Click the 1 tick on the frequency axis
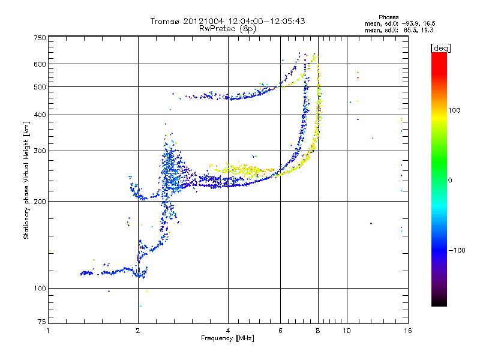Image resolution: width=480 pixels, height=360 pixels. tap(48, 330)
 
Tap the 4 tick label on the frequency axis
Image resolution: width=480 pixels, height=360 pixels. tap(228, 330)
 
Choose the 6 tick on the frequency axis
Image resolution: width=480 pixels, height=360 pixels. tap(281, 330)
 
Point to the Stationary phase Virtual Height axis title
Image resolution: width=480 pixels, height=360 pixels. tap(26, 180)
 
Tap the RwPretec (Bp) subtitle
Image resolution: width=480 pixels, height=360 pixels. tap(228, 28)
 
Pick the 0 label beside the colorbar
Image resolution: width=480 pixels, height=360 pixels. tap(452, 180)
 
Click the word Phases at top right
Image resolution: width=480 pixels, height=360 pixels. tap(389, 17)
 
